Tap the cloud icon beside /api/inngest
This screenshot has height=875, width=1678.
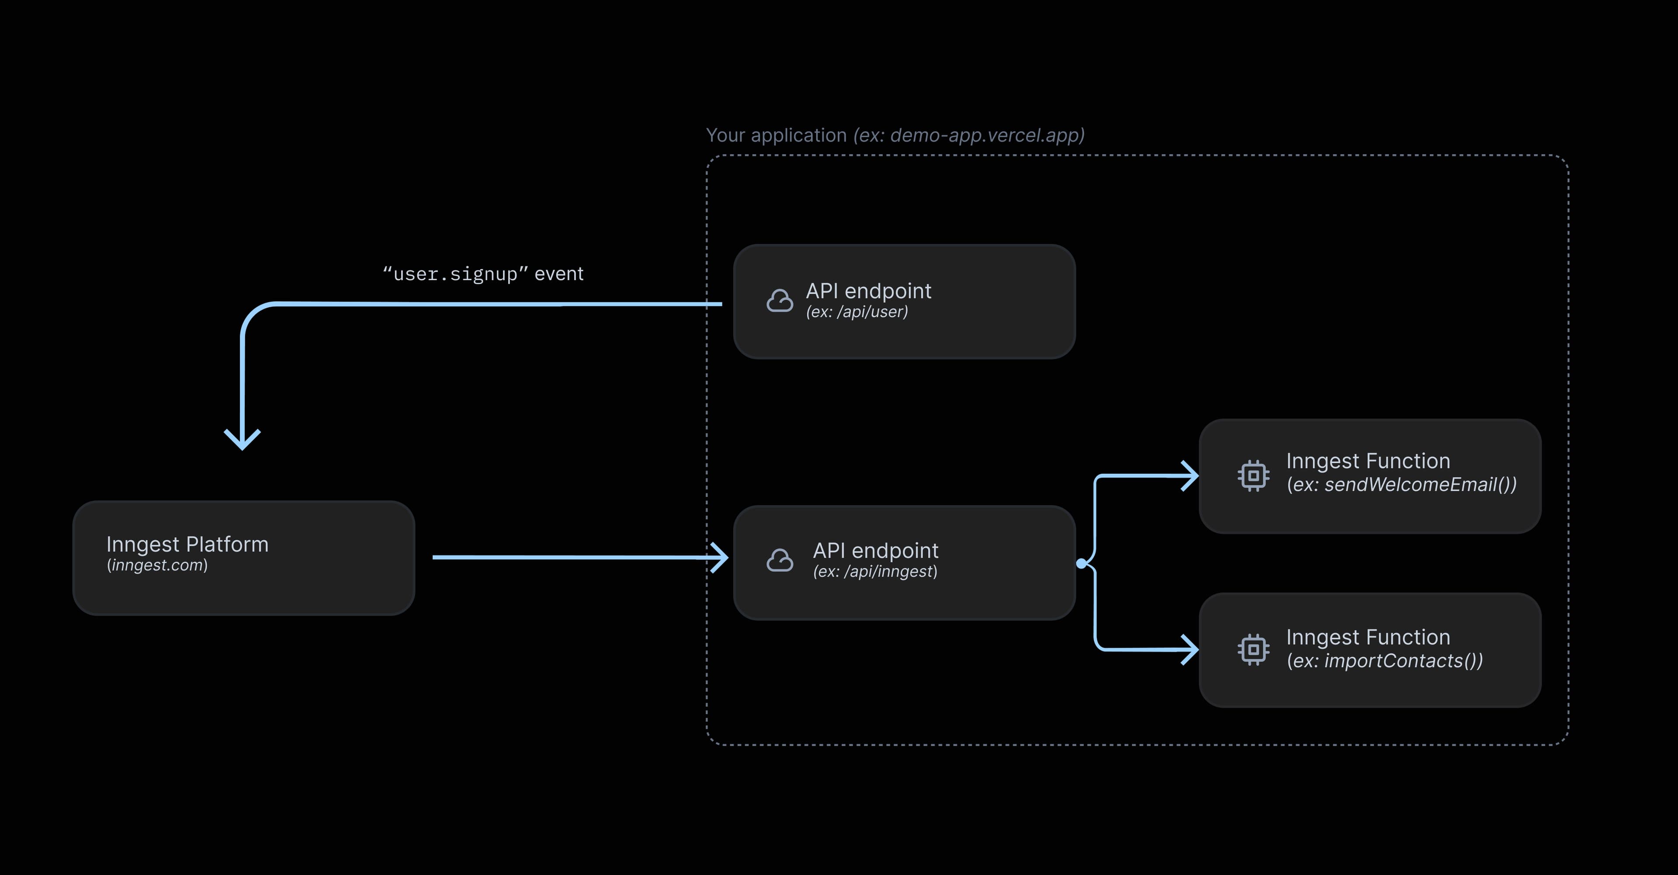pyautogui.click(x=779, y=560)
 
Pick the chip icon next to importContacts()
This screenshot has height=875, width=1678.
pyautogui.click(x=1253, y=649)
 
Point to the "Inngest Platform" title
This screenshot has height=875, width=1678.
pyautogui.click(x=187, y=544)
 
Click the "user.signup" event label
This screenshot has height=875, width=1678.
pyautogui.click(x=483, y=274)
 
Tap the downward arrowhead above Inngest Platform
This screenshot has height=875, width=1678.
pyautogui.click(x=243, y=440)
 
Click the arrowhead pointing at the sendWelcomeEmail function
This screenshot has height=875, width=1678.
pyautogui.click(x=1191, y=476)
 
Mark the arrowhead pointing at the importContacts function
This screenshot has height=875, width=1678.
pyautogui.click(x=1191, y=649)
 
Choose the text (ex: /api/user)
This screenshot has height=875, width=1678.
pyautogui.click(x=856, y=312)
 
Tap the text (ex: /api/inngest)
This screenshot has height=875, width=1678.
pyautogui.click(x=875, y=571)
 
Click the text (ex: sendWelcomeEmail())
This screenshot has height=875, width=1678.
pyautogui.click(x=1401, y=485)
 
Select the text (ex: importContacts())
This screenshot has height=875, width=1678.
pyautogui.click(x=1384, y=661)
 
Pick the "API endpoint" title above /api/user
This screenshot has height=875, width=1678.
pyautogui.click(x=868, y=291)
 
